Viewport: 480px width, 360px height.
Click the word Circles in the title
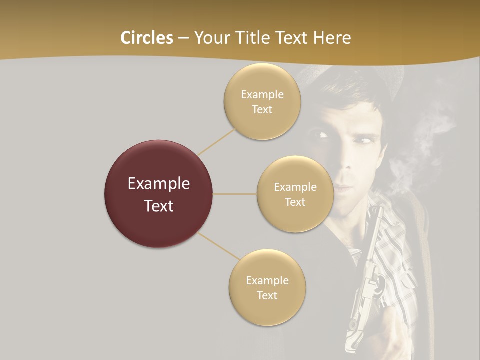(147, 38)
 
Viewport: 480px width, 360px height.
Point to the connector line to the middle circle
(234, 194)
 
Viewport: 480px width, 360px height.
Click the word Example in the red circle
(159, 184)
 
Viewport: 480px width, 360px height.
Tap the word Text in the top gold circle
(262, 109)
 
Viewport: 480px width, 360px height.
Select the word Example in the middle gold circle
(295, 187)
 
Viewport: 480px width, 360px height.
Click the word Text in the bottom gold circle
(267, 295)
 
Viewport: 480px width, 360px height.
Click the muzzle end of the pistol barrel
(377, 210)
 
